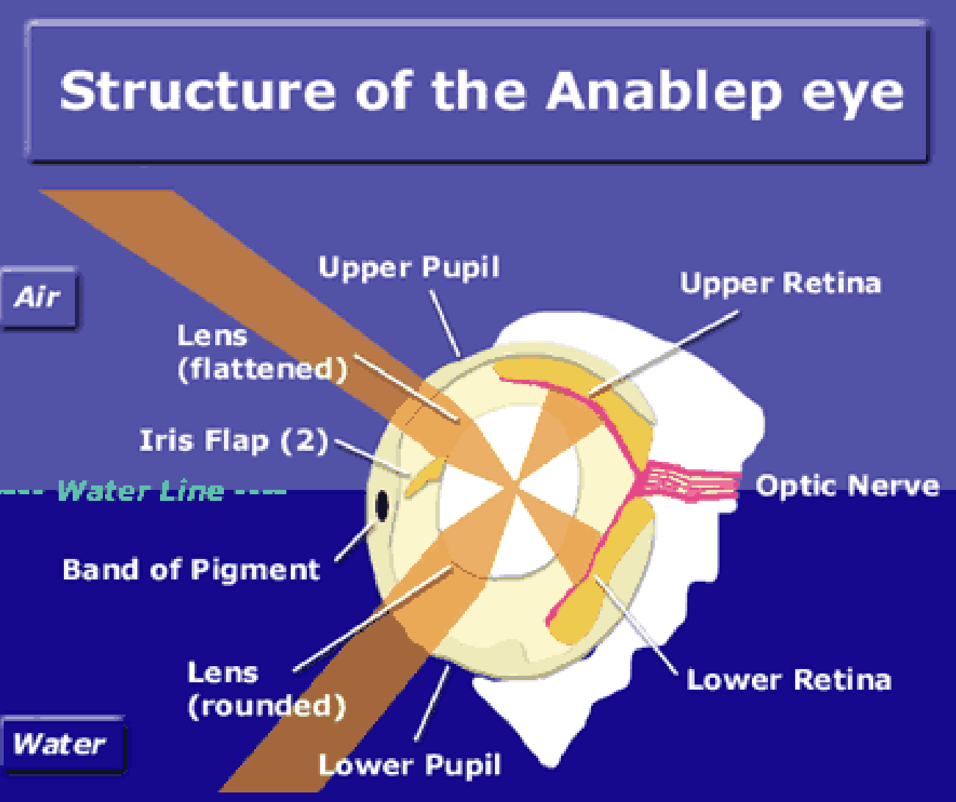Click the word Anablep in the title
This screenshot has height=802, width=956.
pyautogui.click(x=665, y=92)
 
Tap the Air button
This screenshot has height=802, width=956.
pyautogui.click(x=39, y=298)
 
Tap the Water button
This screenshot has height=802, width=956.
pyautogui.click(x=60, y=744)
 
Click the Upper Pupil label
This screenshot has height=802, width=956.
pyautogui.click(x=409, y=268)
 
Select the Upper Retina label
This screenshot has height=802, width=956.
pyautogui.click(x=780, y=283)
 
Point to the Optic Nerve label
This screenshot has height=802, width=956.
pyautogui.click(x=847, y=486)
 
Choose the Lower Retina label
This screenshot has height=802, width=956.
pyautogui.click(x=789, y=680)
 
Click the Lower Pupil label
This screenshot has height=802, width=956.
pyautogui.click(x=410, y=765)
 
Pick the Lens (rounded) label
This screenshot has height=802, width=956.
pyautogui.click(x=266, y=690)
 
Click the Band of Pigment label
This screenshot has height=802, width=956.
pyautogui.click(x=191, y=570)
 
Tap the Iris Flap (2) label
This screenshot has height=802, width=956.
pyautogui.click(x=233, y=441)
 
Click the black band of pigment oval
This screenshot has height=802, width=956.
pyautogui.click(x=382, y=506)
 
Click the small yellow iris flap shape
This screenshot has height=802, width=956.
pyautogui.click(x=424, y=477)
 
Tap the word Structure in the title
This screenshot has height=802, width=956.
pyautogui.click(x=198, y=92)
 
